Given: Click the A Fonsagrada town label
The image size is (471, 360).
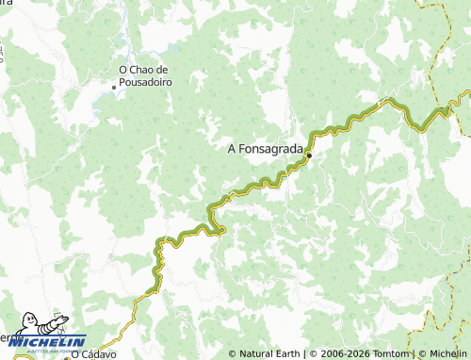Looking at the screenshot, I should pyautogui.click(x=267, y=148).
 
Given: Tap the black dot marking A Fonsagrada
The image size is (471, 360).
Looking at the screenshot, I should pyautogui.click(x=309, y=155).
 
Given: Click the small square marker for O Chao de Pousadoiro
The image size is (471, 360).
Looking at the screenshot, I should pyautogui.click(x=115, y=88).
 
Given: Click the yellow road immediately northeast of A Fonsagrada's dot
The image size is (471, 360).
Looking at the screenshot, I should pyautogui.click(x=325, y=132).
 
